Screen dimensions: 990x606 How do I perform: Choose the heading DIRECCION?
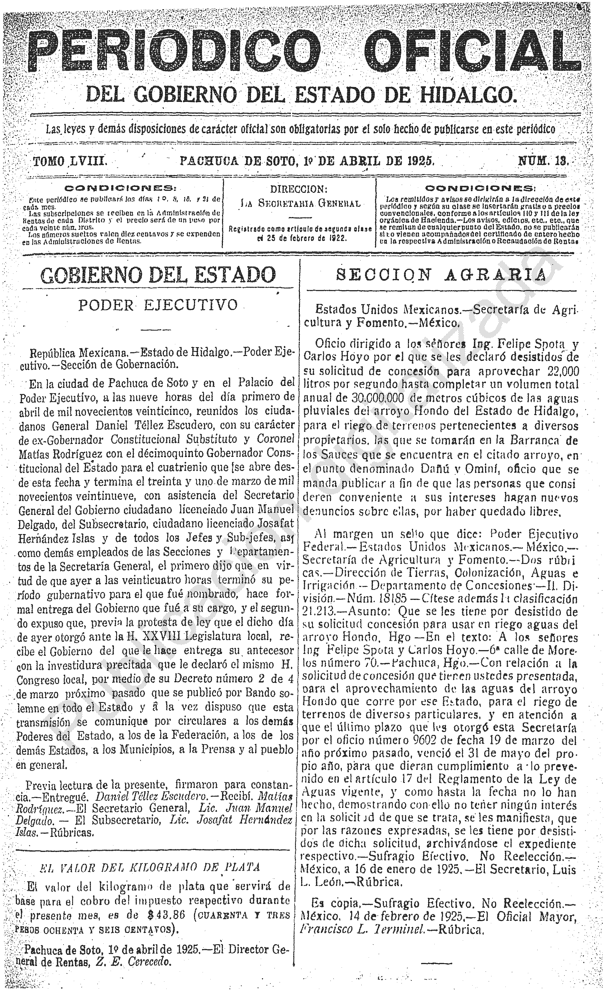pos(299,189)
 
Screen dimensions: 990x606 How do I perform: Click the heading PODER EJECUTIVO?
pos(159,305)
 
